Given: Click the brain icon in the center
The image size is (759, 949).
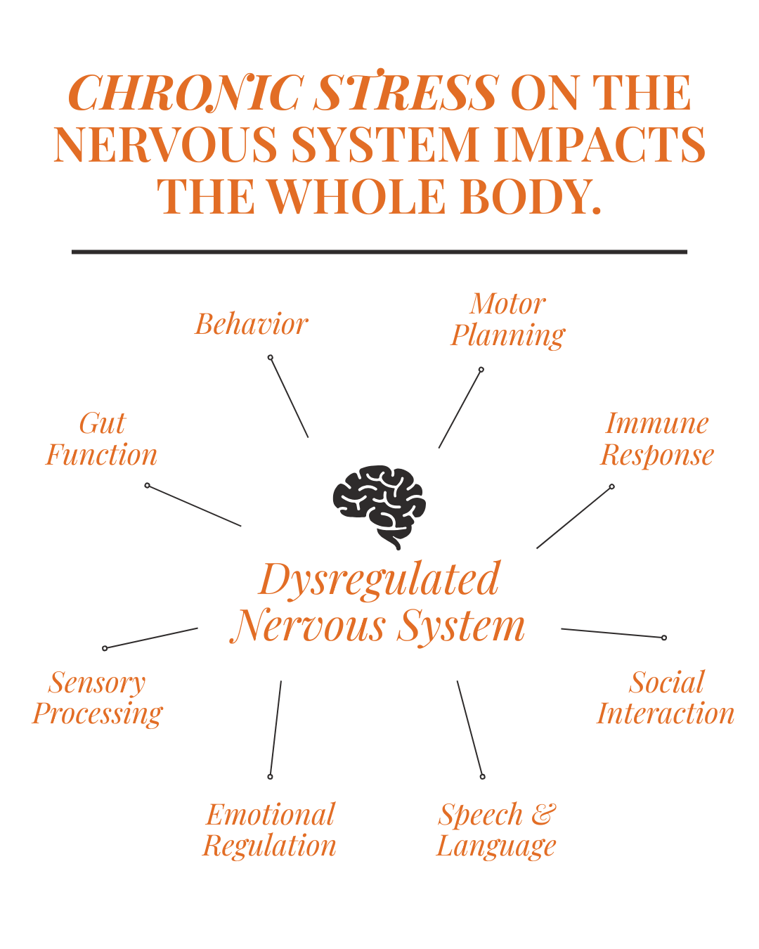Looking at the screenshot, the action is (x=379, y=507).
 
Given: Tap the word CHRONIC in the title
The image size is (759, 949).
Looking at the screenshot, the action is (x=186, y=92).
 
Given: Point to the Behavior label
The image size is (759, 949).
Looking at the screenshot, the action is (x=252, y=324).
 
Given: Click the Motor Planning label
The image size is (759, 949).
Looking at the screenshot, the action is (x=507, y=320).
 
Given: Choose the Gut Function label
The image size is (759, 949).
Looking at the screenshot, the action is (x=102, y=439).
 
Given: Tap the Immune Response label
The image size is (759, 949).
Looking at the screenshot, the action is (x=657, y=439).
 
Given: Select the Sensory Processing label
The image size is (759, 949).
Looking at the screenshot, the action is (x=98, y=698).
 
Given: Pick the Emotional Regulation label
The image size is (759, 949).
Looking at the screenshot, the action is (x=269, y=829).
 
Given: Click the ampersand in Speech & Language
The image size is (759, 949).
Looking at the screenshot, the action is (x=544, y=814).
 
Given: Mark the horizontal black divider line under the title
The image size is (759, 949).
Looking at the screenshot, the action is (x=379, y=252).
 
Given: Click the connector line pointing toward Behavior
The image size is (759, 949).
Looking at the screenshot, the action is (x=290, y=397).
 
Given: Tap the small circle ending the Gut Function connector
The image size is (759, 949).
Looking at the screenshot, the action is (x=148, y=486).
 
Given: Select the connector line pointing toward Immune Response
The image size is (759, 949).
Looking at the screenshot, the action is (x=574, y=517).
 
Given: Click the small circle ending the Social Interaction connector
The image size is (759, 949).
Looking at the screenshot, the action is (x=664, y=638).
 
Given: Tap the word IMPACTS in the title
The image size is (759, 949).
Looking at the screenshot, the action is (x=599, y=144).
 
